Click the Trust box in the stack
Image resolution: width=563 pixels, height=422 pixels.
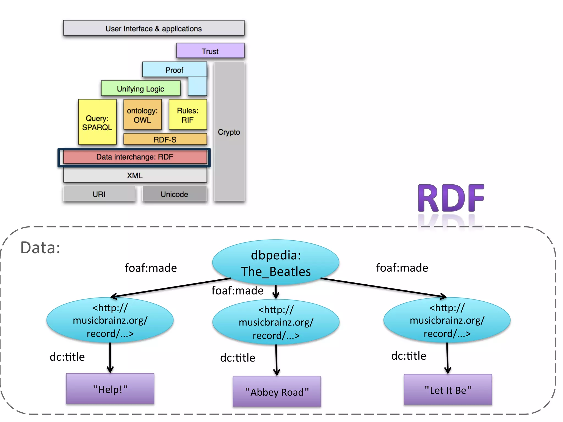tap(210, 51)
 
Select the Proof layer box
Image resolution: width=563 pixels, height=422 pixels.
tap(174, 70)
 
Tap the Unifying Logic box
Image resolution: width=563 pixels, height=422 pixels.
tap(140, 88)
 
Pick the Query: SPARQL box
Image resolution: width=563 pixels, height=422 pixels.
tap(97, 123)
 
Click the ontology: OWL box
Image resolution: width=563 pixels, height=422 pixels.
tap(142, 115)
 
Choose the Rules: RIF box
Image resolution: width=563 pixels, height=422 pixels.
tap(187, 115)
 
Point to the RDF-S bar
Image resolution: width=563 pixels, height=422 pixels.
tap(165, 139)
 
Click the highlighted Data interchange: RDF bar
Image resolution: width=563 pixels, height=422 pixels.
tap(135, 157)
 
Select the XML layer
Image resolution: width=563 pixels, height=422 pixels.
tap(135, 175)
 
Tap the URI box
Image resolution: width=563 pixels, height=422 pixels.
tap(99, 194)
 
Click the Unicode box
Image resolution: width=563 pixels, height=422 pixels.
tap(174, 194)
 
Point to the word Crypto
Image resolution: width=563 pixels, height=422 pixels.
tap(229, 132)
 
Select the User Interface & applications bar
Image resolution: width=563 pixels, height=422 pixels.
tap(154, 28)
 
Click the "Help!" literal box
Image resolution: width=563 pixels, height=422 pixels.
tap(110, 389)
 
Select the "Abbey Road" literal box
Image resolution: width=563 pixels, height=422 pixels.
tap(277, 392)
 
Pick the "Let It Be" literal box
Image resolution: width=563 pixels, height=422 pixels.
tap(448, 390)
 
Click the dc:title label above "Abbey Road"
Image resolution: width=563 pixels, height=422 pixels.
tap(238, 358)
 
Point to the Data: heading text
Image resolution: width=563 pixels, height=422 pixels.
tap(40, 248)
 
